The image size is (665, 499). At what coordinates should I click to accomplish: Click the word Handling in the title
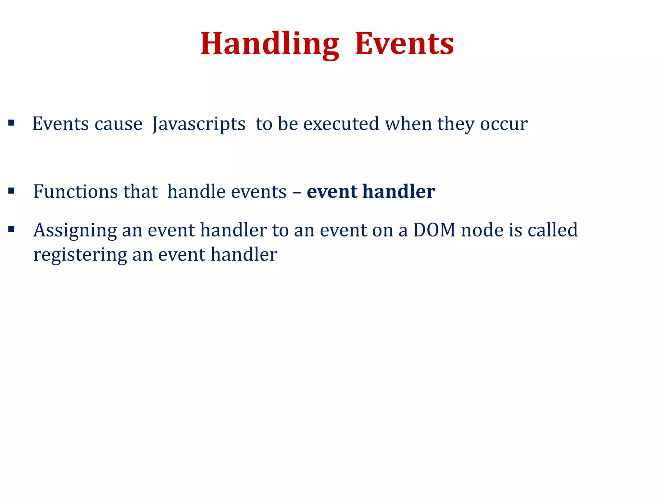pyautogui.click(x=270, y=44)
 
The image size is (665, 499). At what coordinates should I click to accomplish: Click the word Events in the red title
pyautogui.click(x=404, y=44)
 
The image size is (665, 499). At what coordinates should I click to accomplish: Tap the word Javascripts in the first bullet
pyautogui.click(x=199, y=124)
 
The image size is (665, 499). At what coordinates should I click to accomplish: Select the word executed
pyautogui.click(x=341, y=124)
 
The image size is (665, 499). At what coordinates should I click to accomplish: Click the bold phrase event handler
pyautogui.click(x=371, y=191)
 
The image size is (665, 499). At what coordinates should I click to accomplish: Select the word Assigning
pyautogui.click(x=75, y=231)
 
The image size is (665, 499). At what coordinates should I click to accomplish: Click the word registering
pyautogui.click(x=80, y=255)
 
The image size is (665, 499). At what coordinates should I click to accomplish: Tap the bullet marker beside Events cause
pyautogui.click(x=11, y=123)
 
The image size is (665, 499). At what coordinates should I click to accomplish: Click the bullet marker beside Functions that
pyautogui.click(x=11, y=191)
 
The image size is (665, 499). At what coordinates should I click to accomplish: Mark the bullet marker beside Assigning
pyautogui.click(x=11, y=229)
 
